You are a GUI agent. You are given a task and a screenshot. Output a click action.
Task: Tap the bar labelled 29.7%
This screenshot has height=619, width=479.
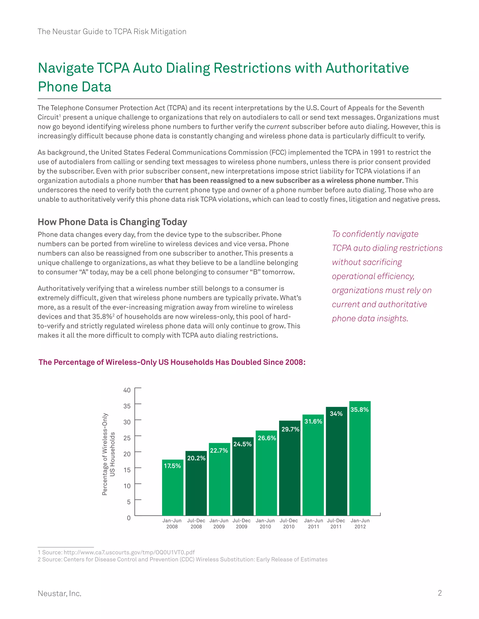pyautogui.click(x=290, y=470)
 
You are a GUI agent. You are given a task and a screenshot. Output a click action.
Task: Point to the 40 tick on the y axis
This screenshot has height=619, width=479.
pyautogui.click(x=127, y=390)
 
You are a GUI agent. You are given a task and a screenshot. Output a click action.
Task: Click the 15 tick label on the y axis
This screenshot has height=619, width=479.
pyautogui.click(x=127, y=470)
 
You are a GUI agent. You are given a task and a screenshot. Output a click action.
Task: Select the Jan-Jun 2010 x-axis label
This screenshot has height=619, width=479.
pyautogui.click(x=265, y=523)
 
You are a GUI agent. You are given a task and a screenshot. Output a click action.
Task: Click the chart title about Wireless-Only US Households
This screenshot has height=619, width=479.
pyautogui.click(x=172, y=362)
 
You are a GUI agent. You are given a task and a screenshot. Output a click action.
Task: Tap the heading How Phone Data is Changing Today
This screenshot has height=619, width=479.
pyautogui.click(x=112, y=222)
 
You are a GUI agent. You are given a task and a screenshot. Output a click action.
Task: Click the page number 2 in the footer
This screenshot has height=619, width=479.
pyautogui.click(x=439, y=593)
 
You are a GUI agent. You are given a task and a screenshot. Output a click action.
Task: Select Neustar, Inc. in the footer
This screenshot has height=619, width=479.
pyautogui.click(x=60, y=594)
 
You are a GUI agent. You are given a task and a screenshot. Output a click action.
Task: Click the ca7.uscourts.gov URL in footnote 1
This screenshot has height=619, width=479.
pyautogui.click(x=129, y=552)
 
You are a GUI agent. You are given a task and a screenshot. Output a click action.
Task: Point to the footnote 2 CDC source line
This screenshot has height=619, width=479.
pyautogui.click(x=182, y=559)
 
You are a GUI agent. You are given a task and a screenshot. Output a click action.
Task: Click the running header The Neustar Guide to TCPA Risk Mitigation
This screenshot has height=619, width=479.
pyautogui.click(x=112, y=32)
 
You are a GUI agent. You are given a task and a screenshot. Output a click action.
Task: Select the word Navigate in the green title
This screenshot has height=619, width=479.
pyautogui.click(x=66, y=68)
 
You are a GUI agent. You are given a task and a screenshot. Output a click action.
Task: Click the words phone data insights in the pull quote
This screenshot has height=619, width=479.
pyautogui.click(x=370, y=319)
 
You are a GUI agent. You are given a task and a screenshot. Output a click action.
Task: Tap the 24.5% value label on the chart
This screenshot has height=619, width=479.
pyautogui.click(x=242, y=444)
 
